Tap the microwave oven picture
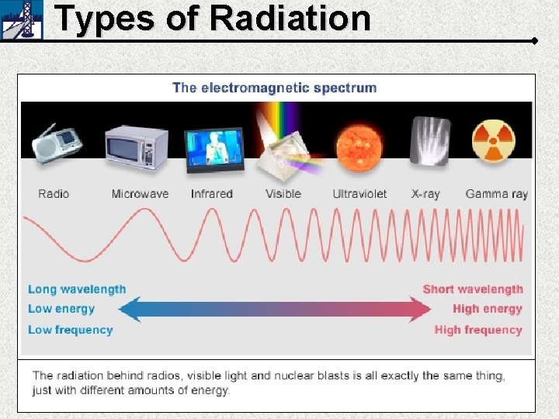(137, 147)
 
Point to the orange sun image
(359, 145)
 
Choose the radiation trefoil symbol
(494, 141)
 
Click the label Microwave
(140, 194)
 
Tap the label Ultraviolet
(359, 194)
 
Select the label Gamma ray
(496, 194)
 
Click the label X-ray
(425, 194)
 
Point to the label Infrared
(212, 194)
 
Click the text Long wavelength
(77, 289)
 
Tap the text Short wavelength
(473, 289)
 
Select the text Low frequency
(70, 330)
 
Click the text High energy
(488, 309)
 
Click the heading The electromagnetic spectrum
(274, 88)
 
